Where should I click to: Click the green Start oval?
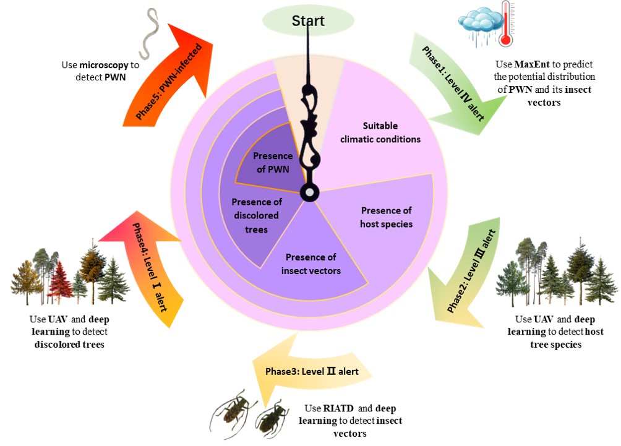(x=309, y=20)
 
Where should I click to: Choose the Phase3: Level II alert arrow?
(x=309, y=372)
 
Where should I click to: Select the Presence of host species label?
(x=386, y=216)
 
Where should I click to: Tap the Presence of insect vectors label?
(x=310, y=264)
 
